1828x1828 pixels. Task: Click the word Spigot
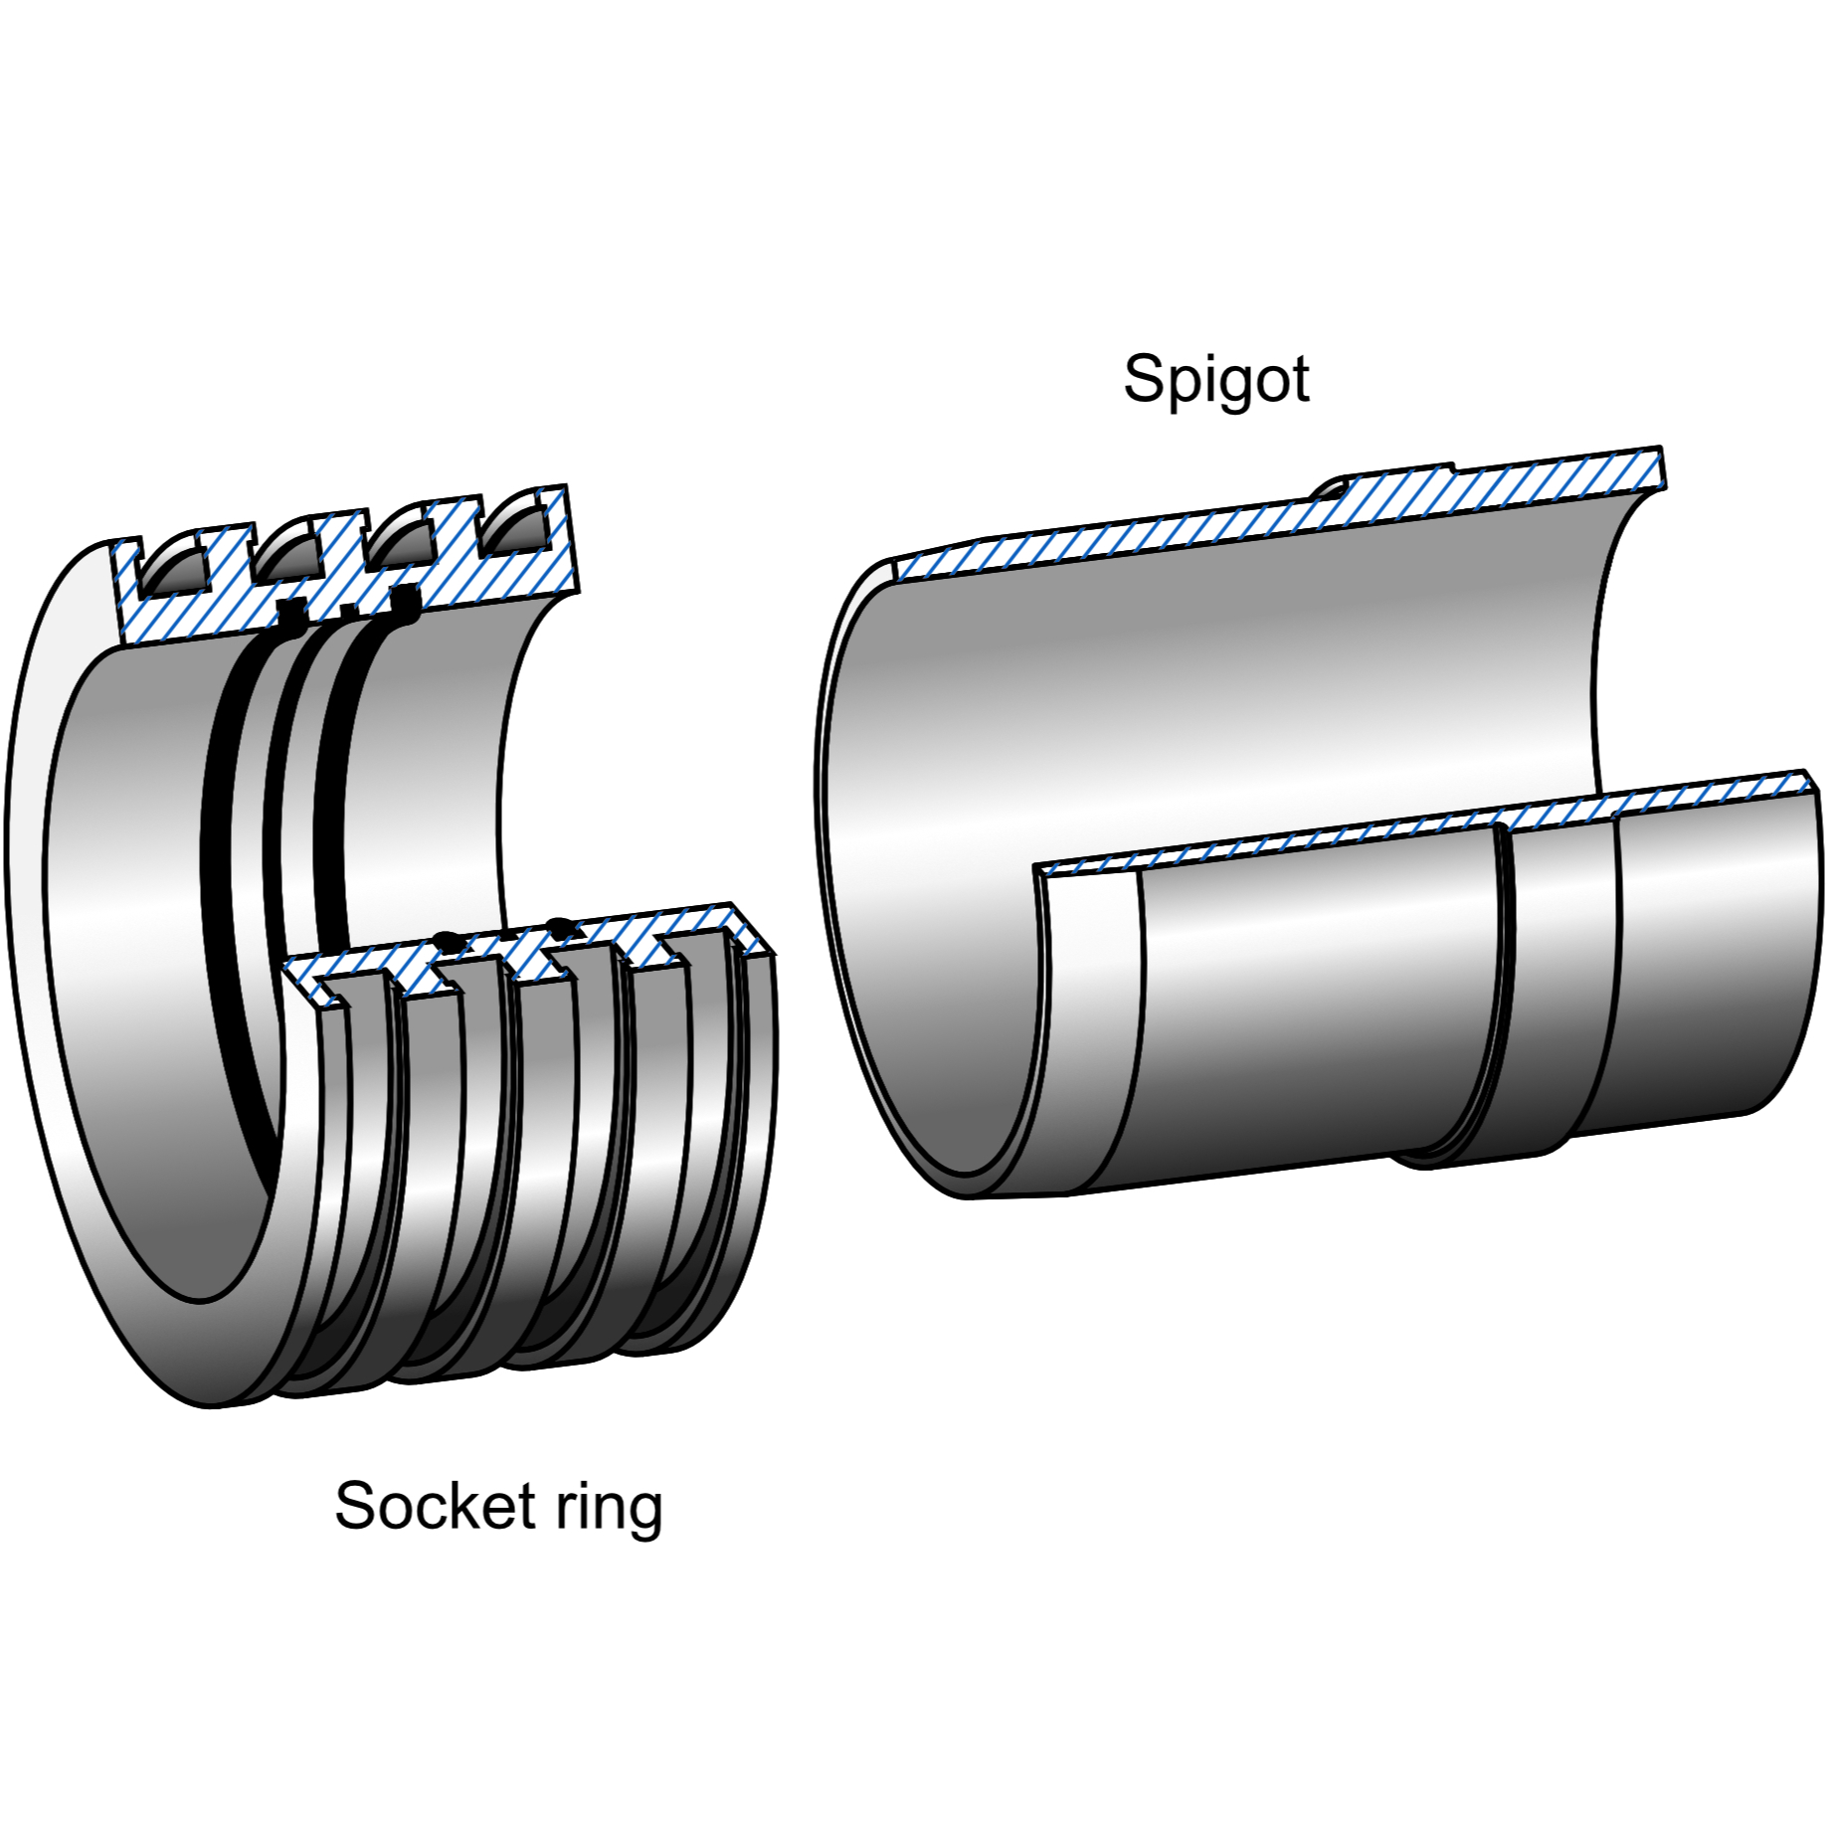click(1215, 379)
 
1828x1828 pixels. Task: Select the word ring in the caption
click(609, 1508)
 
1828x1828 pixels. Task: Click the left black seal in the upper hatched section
click(291, 615)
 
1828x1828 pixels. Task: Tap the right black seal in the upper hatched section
click(405, 602)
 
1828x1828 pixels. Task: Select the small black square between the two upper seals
click(348, 609)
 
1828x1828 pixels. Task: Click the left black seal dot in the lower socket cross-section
click(450, 940)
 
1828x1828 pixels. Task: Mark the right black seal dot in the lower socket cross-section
click(561, 926)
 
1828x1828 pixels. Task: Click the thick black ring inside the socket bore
click(221, 895)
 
